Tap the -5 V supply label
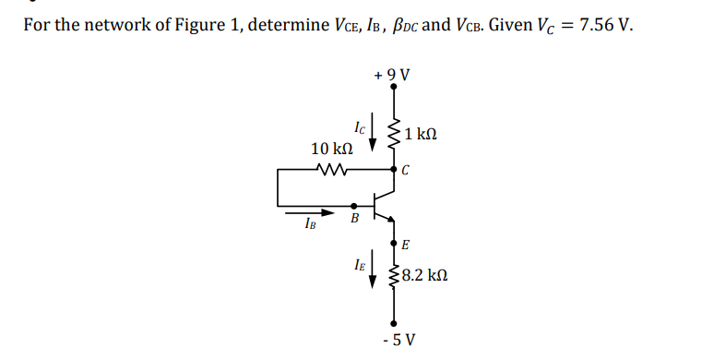[397, 340]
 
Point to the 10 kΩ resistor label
[332, 149]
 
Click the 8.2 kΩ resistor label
[425, 275]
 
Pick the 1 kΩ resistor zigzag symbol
[395, 135]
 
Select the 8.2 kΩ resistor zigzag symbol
[395, 275]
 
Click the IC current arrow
[373, 138]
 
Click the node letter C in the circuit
[406, 171]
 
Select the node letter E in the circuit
[406, 246]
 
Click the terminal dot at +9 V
[395, 88]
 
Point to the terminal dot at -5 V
[395, 323]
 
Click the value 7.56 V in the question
[604, 23]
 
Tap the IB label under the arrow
[308, 223]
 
